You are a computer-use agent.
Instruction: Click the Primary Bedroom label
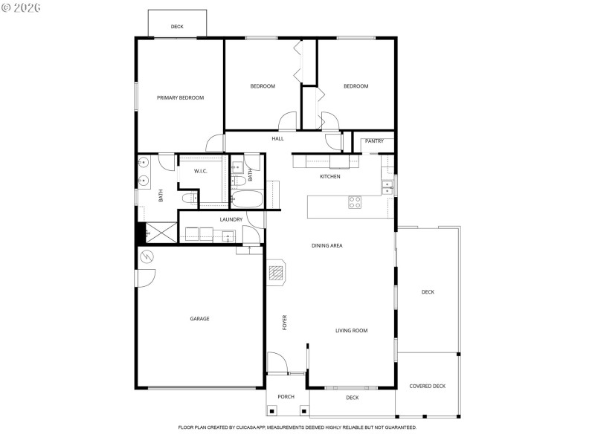pyautogui.click(x=180, y=97)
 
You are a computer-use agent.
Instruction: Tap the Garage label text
pyautogui.click(x=199, y=319)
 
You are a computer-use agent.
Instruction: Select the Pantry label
pyautogui.click(x=374, y=140)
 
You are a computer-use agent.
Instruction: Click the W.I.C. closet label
pyautogui.click(x=201, y=171)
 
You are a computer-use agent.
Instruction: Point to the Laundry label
pyautogui.click(x=231, y=219)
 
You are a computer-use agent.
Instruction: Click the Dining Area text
pyautogui.click(x=327, y=245)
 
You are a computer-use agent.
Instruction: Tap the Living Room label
pyautogui.click(x=351, y=331)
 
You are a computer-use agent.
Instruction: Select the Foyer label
pyautogui.click(x=284, y=323)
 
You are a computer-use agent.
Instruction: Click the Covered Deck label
pyautogui.click(x=428, y=386)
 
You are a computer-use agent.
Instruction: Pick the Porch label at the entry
pyautogui.click(x=286, y=397)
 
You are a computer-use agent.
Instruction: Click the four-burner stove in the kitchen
pyautogui.click(x=356, y=201)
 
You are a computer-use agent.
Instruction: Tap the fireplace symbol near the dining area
pyautogui.click(x=277, y=273)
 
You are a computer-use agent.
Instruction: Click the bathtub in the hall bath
pyautogui.click(x=246, y=198)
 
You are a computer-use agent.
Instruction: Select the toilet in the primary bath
pyautogui.click(x=189, y=198)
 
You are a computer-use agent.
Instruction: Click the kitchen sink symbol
pyautogui.click(x=387, y=187)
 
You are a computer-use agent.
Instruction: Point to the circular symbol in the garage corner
pyautogui.click(x=147, y=257)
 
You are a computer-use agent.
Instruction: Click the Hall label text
pyautogui.click(x=277, y=138)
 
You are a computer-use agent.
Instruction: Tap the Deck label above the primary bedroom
pyautogui.click(x=177, y=27)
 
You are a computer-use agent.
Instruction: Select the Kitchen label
pyautogui.click(x=330, y=176)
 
